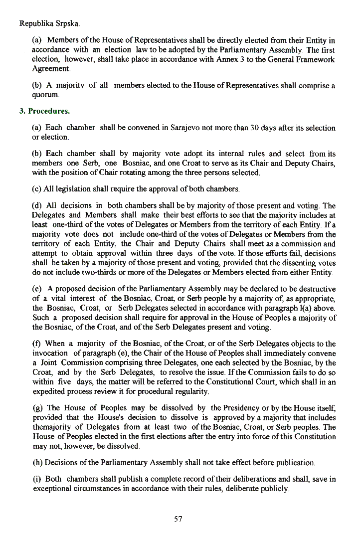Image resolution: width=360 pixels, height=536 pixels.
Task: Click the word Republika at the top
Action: (35, 23)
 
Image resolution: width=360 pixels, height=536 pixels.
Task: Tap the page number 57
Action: (178, 519)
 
